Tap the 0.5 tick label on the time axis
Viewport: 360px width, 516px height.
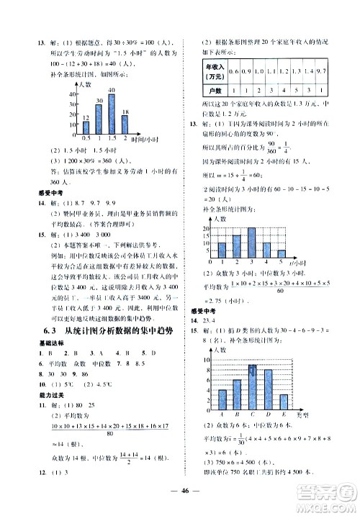coord(86,137)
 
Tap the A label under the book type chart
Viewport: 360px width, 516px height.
coord(221,415)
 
